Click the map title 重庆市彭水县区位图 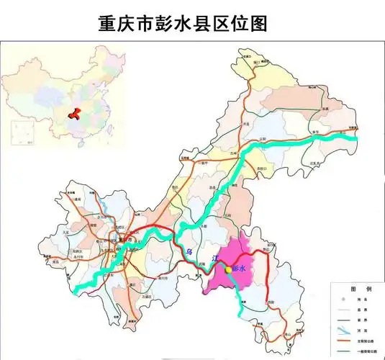[x=183, y=23]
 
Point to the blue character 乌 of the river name [x=189, y=251]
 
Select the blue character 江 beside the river [x=212, y=257]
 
